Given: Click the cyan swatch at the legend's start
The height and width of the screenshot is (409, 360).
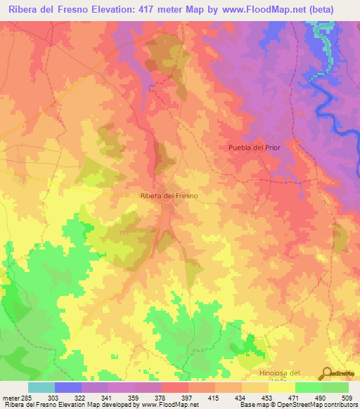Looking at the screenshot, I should [41, 387].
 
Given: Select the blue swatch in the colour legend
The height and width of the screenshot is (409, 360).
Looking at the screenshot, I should [68, 387].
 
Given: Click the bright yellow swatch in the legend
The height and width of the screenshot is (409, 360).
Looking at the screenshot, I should [282, 387].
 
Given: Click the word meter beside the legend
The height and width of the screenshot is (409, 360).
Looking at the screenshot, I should [11, 398].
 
